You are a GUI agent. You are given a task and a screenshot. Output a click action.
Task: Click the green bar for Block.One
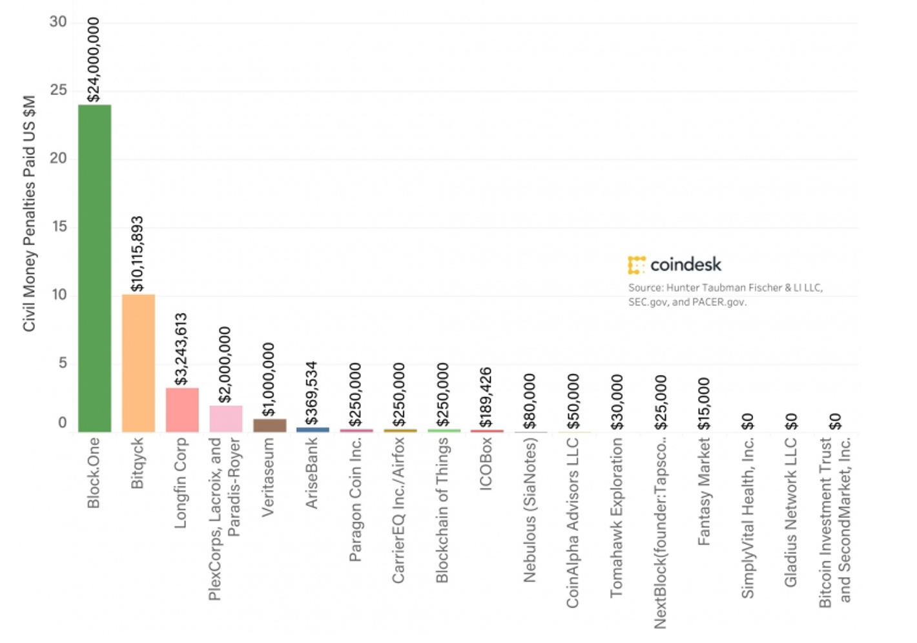pos(94,268)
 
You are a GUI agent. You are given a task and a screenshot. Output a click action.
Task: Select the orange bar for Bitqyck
pos(138,363)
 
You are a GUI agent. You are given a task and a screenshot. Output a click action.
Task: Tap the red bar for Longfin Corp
pos(182,410)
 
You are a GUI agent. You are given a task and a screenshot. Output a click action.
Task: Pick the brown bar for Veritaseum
pos(269,425)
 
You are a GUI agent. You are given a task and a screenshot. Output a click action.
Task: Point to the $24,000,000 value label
pos(94,59)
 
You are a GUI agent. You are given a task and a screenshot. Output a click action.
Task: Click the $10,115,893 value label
pos(138,254)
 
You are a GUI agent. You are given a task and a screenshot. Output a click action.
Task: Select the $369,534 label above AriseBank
pos(312,393)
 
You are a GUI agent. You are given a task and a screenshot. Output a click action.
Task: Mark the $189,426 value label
pos(486,397)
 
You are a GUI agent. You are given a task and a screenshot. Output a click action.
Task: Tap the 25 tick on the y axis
pos(59,90)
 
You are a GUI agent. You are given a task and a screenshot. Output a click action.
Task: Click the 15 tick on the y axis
pos(59,227)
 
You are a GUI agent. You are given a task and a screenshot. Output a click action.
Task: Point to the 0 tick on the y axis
pos(63,423)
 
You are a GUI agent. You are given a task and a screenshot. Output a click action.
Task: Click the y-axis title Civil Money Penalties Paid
pos(29,214)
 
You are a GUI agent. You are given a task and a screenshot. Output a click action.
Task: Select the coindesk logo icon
pos(636,265)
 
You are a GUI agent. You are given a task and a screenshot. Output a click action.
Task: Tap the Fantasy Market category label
pos(704,491)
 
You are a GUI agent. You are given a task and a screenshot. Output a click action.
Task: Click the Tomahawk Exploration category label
pos(617,517)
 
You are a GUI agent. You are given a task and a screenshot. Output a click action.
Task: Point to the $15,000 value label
pos(704,403)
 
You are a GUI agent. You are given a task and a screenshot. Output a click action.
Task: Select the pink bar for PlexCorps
pos(226,419)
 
